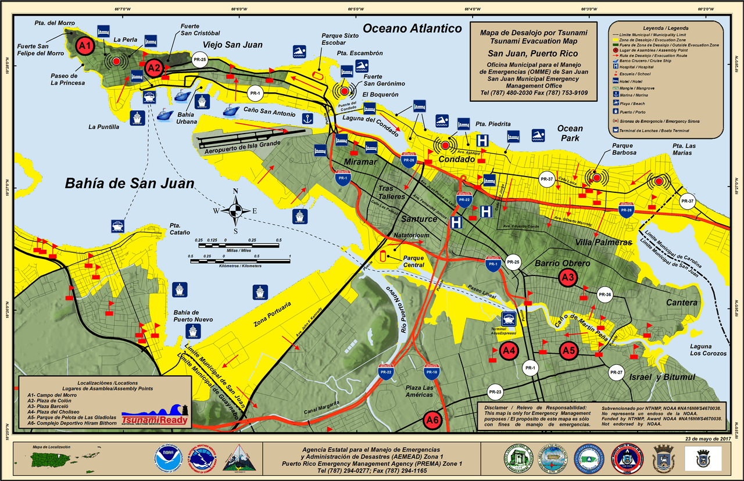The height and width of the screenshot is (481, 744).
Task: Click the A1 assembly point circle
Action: (x=85, y=45)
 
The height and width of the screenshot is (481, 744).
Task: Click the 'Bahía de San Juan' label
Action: (x=129, y=184)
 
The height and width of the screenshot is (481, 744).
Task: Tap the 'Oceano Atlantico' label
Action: (x=412, y=28)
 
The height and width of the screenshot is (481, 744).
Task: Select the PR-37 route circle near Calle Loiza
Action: (x=546, y=180)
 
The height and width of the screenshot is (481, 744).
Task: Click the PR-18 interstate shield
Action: (x=431, y=372)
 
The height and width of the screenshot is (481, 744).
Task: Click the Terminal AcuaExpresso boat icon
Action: (x=509, y=319)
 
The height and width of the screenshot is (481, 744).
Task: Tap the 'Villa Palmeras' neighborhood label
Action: (x=603, y=242)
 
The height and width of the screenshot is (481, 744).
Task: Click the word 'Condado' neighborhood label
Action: (x=457, y=159)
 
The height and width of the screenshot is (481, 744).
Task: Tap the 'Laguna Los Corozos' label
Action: (x=708, y=350)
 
